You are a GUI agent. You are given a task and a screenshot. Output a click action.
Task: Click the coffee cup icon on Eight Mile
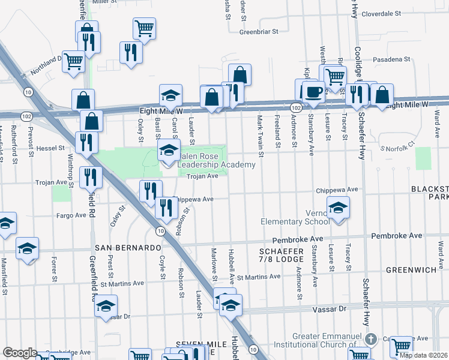[313, 92]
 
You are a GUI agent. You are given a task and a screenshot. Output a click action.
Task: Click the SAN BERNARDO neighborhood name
[127, 248]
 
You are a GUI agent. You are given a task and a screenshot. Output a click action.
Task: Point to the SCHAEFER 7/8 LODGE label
[281, 254]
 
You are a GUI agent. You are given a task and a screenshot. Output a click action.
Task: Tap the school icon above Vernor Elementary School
[339, 208]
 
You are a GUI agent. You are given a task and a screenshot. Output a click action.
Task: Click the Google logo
[20, 353]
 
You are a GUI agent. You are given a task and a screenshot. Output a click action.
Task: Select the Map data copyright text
[423, 355]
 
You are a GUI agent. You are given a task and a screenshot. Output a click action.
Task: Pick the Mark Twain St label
[261, 131]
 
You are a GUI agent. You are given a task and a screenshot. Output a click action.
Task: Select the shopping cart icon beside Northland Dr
[73, 61]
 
